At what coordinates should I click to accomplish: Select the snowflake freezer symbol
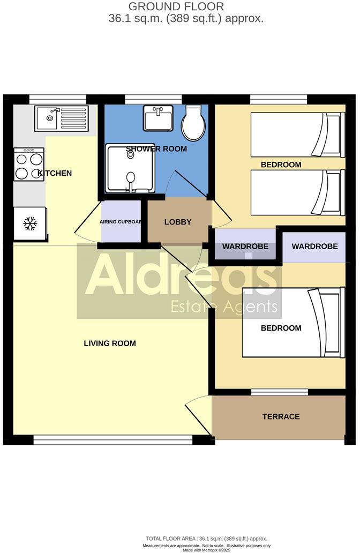(29, 223)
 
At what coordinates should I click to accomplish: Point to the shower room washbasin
(158, 118)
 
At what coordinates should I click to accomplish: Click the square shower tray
(131, 168)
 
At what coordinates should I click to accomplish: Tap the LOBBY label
(178, 222)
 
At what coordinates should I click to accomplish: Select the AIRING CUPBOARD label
(121, 221)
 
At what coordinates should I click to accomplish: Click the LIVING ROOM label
(110, 343)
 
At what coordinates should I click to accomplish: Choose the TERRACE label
(281, 416)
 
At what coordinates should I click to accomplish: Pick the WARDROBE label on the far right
(314, 246)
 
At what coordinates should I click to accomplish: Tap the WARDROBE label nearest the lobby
(245, 246)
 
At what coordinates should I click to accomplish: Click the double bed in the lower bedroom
(291, 323)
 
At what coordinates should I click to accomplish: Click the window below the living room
(112, 440)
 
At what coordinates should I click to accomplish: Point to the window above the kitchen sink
(57, 99)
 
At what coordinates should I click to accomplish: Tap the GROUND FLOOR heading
(176, 7)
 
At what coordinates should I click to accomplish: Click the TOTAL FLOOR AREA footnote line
(206, 539)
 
